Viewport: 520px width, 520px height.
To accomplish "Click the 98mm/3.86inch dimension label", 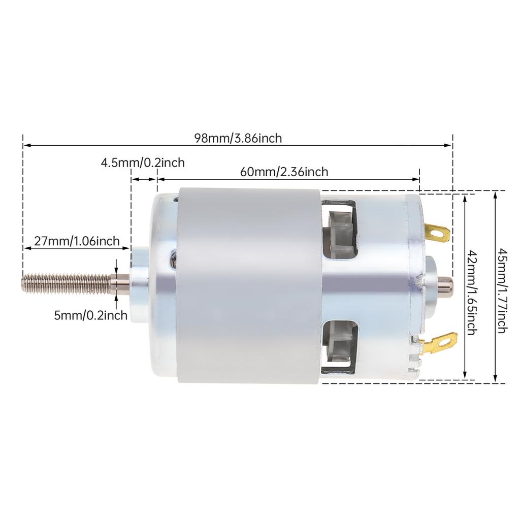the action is pyautogui.click(x=238, y=138).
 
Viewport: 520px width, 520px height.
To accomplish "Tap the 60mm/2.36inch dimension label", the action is pyautogui.click(x=284, y=172).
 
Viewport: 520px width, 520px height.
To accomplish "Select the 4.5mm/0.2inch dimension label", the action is pyautogui.click(x=143, y=162).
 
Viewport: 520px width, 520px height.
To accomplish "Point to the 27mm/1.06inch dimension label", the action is pyautogui.click(x=77, y=241).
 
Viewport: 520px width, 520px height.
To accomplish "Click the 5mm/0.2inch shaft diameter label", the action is pyautogui.click(x=90, y=315).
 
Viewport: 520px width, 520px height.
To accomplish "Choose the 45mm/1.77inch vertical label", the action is pyautogui.click(x=502, y=290).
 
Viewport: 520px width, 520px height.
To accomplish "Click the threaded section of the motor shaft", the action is pyautogui.click(x=66, y=282).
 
